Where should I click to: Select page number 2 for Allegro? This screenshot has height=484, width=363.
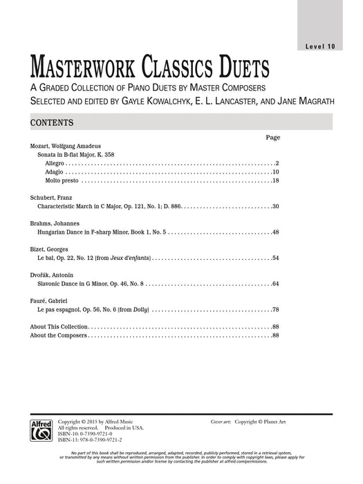[275, 162]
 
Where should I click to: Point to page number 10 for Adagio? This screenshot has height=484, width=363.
[274, 171]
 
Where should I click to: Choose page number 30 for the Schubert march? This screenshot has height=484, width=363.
[274, 207]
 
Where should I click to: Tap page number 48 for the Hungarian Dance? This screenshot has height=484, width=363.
[274, 232]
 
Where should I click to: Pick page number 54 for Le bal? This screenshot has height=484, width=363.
[274, 259]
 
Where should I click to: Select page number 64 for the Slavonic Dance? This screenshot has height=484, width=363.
[274, 284]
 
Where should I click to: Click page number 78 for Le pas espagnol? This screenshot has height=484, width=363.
[274, 309]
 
